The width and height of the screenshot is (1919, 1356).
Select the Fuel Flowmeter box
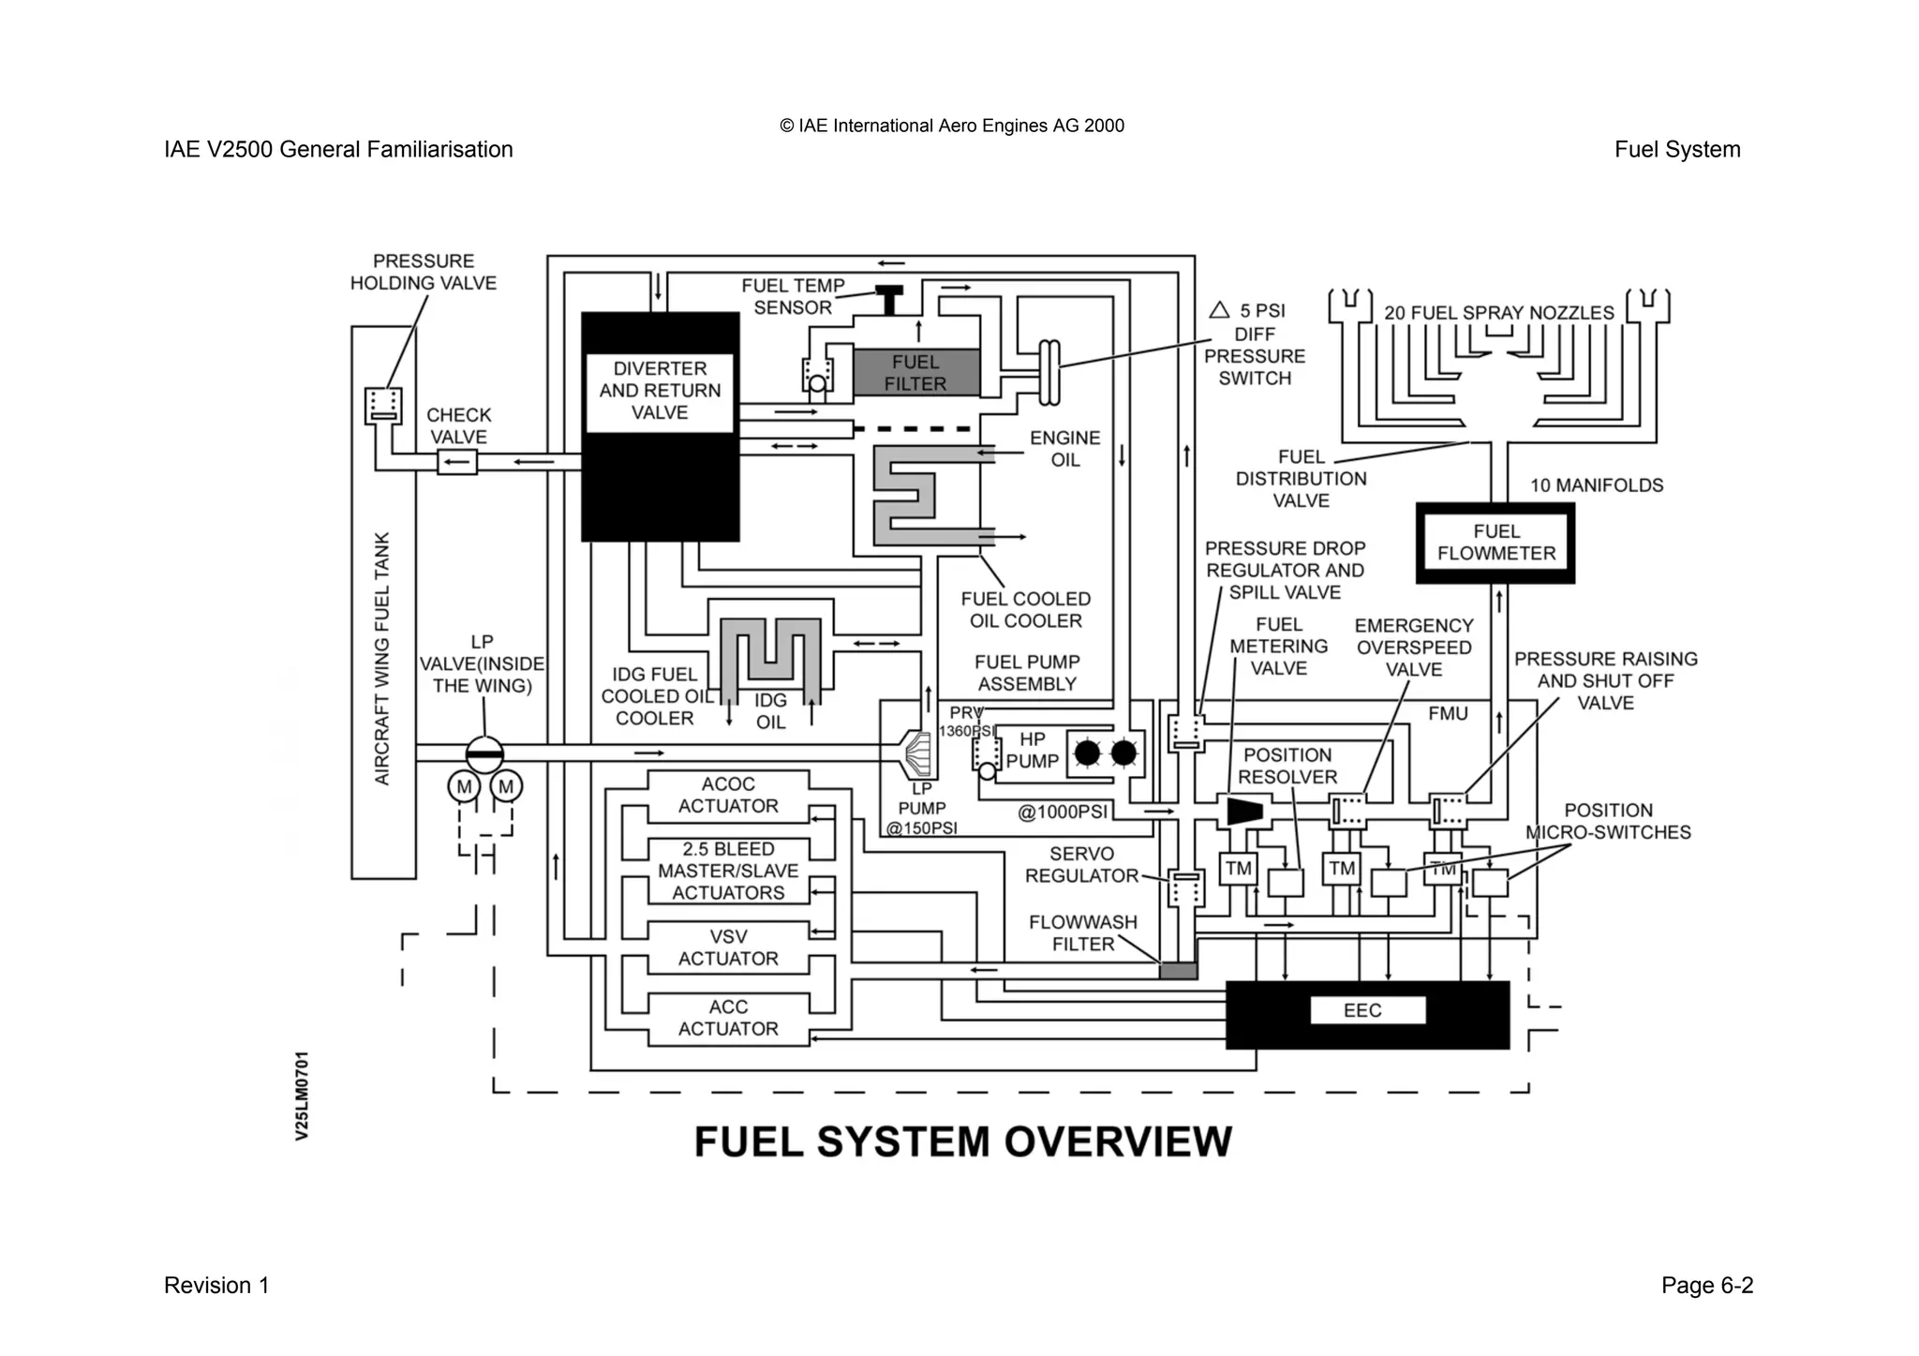pyautogui.click(x=1495, y=543)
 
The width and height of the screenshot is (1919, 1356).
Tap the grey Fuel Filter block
pyautogui.click(x=915, y=373)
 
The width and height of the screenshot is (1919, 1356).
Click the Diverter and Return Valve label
pyautogui.click(x=660, y=391)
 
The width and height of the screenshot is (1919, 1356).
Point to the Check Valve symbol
pyautogui.click(x=457, y=462)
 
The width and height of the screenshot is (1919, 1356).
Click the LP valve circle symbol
pyautogui.click(x=484, y=753)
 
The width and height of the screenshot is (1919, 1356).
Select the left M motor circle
pyautogui.click(x=464, y=786)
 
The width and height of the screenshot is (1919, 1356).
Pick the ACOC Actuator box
pyautogui.click(x=728, y=795)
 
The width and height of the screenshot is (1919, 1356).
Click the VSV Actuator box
pyautogui.click(x=728, y=947)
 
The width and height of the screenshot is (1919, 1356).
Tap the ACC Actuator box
pyautogui.click(x=728, y=1018)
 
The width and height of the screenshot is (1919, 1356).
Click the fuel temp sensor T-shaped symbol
pyautogui.click(x=888, y=298)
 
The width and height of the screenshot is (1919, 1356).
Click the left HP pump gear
pyautogui.click(x=1087, y=753)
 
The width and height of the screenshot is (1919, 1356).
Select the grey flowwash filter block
pyautogui.click(x=1178, y=971)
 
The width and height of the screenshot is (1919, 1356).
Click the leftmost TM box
pyautogui.click(x=1238, y=869)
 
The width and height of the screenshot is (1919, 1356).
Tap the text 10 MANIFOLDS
pyautogui.click(x=1597, y=485)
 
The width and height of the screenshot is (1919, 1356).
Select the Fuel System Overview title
pyautogui.click(x=962, y=1141)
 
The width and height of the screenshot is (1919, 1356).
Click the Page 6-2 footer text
pyautogui.click(x=1706, y=1285)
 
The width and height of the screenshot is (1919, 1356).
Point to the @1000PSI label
pyautogui.click(x=1063, y=812)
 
